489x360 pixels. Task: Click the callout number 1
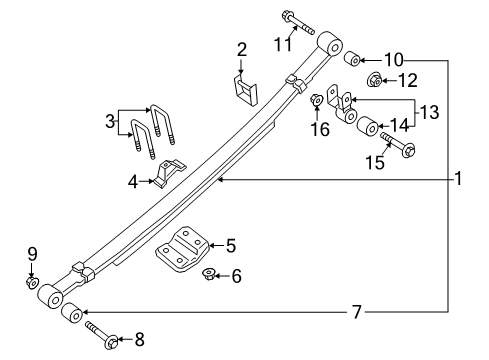(x=457, y=179)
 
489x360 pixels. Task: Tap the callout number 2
(x=241, y=50)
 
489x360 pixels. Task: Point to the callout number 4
(x=133, y=182)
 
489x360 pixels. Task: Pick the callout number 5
(x=231, y=243)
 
